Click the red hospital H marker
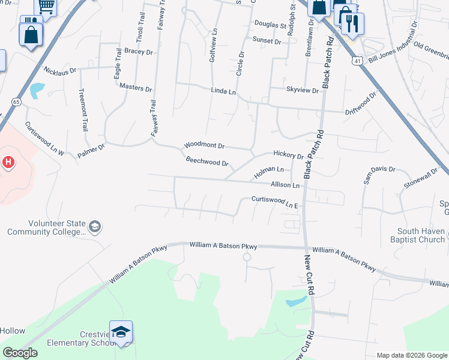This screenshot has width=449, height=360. (8, 162)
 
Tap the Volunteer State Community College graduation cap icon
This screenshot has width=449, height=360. (94, 227)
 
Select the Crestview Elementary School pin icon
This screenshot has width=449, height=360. (121, 333)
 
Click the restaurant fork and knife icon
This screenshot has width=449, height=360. (352, 23)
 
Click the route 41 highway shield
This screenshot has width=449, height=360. (357, 61)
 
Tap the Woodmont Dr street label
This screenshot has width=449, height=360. (204, 145)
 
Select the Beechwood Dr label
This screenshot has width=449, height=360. (207, 162)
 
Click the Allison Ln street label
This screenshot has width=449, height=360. (285, 185)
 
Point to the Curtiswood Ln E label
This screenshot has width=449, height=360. (275, 202)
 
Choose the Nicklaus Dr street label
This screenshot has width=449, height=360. (59, 71)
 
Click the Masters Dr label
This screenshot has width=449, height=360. (135, 88)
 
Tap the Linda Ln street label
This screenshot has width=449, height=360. (223, 91)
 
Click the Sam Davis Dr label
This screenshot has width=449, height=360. (379, 174)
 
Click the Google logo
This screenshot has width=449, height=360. (20, 353)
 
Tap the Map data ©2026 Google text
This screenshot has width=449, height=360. (411, 355)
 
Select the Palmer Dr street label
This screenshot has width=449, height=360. (91, 150)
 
